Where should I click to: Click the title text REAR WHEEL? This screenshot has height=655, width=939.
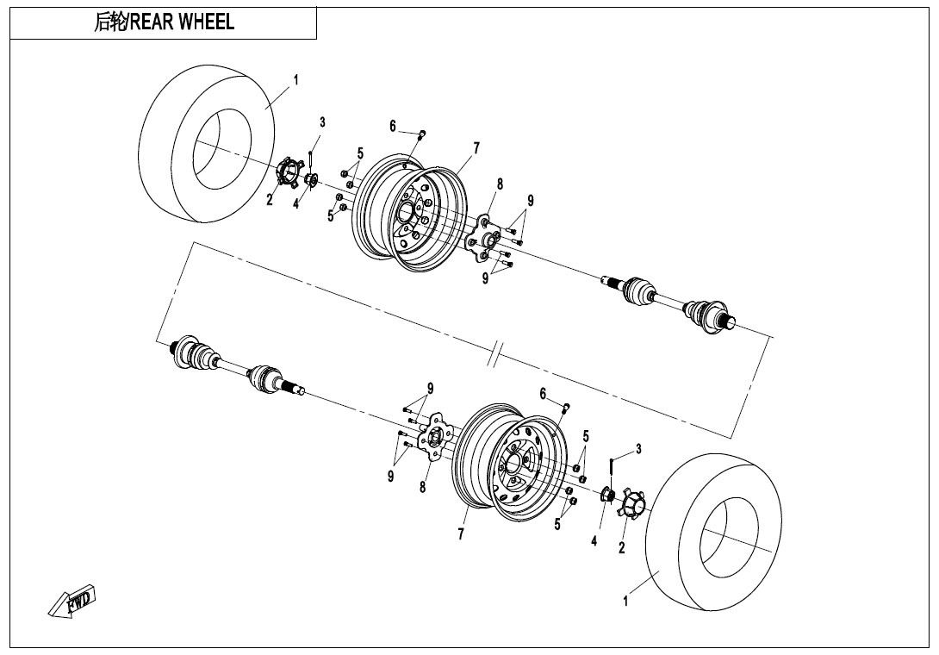click(x=182, y=22)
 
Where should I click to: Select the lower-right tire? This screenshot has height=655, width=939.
click(x=714, y=532)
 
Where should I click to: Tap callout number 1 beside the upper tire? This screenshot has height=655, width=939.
click(x=295, y=79)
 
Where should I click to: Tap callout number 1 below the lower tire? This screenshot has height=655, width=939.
click(x=625, y=601)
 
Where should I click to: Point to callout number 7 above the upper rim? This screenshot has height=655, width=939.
click(x=476, y=148)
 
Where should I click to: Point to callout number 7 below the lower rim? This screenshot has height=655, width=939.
click(x=461, y=534)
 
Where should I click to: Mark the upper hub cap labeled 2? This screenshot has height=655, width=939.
click(x=288, y=175)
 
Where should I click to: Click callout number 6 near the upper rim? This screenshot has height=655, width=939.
click(x=393, y=126)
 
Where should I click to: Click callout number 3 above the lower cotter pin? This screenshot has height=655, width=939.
click(x=638, y=449)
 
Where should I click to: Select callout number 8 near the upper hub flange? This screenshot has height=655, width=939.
click(x=500, y=184)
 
